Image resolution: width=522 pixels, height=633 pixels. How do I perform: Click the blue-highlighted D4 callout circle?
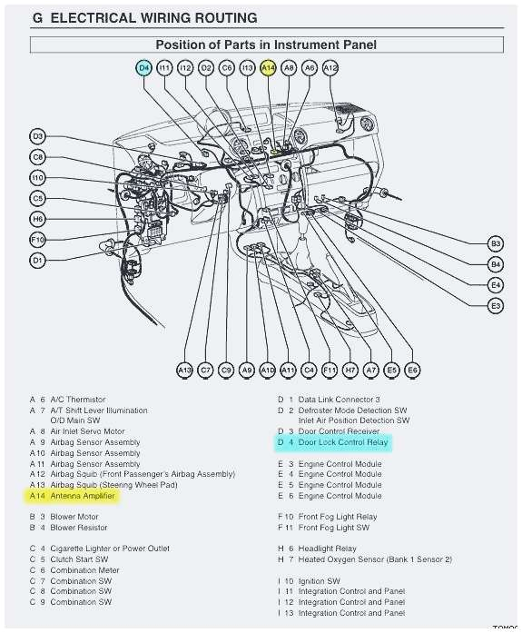[144, 68]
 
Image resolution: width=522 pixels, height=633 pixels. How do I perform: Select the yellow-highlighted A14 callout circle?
[268, 68]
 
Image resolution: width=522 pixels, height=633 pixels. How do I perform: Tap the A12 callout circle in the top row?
[330, 68]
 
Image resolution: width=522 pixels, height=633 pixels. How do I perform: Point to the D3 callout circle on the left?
[37, 137]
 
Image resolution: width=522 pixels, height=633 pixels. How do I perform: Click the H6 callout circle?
[37, 219]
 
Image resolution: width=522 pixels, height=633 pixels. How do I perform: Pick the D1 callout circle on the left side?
[37, 261]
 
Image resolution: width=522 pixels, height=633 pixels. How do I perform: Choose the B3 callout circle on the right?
[496, 243]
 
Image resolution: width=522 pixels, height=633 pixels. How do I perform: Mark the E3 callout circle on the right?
[496, 307]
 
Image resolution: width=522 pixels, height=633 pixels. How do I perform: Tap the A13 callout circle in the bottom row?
[185, 371]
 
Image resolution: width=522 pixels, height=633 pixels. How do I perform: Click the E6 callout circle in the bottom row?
[412, 371]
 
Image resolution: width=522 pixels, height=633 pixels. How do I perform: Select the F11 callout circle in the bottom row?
[330, 371]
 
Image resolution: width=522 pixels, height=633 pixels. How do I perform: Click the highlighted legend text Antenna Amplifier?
[83, 496]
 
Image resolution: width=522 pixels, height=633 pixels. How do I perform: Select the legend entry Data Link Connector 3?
[340, 400]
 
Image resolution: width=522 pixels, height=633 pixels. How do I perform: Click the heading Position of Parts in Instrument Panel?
[266, 45]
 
